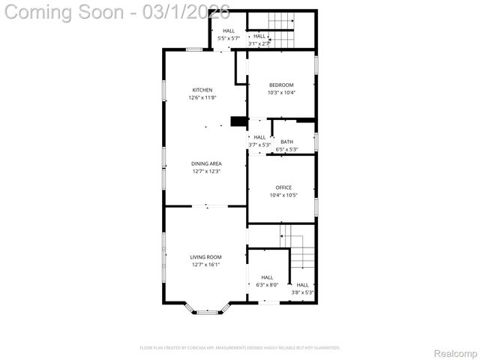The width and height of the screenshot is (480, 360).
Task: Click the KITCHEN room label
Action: coord(202,90)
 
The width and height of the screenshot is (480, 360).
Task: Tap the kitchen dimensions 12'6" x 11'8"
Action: coord(202,97)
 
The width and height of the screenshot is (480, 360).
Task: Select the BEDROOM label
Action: coord(281,85)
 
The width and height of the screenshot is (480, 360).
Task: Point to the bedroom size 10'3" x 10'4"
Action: coord(281,92)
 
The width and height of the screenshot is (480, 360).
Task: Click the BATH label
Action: coord(286,142)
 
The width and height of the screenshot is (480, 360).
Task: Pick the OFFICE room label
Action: coord(283,187)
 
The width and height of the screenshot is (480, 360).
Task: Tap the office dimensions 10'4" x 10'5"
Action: coord(283,195)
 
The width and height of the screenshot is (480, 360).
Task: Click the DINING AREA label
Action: coord(205,163)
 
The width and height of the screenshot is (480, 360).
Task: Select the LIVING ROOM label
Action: coord(205,257)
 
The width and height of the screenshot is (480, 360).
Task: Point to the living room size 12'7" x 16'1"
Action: coord(205,265)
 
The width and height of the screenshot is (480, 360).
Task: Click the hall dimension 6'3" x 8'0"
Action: coord(267,285)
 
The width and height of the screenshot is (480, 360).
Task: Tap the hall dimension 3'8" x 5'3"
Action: coord(302,292)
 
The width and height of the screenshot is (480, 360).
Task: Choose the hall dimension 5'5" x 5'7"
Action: coord(228,38)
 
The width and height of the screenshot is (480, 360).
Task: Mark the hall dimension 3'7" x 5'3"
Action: coord(259,145)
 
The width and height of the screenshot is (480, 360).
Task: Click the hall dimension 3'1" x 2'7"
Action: coord(259,43)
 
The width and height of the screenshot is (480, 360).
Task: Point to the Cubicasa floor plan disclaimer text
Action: coord(240,348)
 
